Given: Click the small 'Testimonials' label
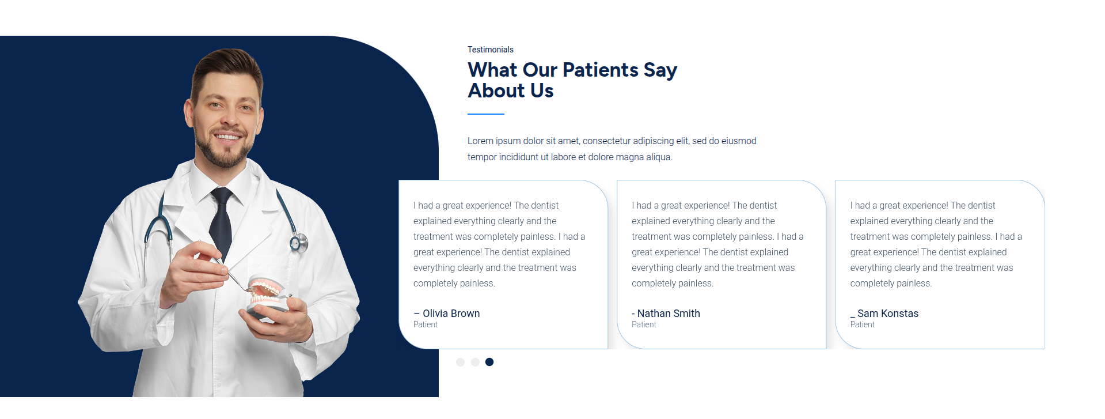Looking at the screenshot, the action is pos(490,50).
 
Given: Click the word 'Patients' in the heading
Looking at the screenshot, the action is pos(601,70).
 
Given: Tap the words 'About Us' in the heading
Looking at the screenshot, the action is pos(511,90).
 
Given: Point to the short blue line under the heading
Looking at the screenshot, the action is pos(486,114).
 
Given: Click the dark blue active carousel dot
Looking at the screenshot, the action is pos(489,362).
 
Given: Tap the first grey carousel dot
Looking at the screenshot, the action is pos(460,362).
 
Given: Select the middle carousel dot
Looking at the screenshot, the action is pos(475,362).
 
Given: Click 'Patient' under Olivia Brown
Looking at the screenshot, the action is pos(426,324).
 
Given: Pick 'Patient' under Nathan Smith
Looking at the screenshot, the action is pos(644,324).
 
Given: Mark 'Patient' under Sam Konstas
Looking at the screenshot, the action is pos(862,324).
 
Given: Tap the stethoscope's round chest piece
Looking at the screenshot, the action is pos(298,243).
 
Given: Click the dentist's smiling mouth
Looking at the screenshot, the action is pos(227,137).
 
